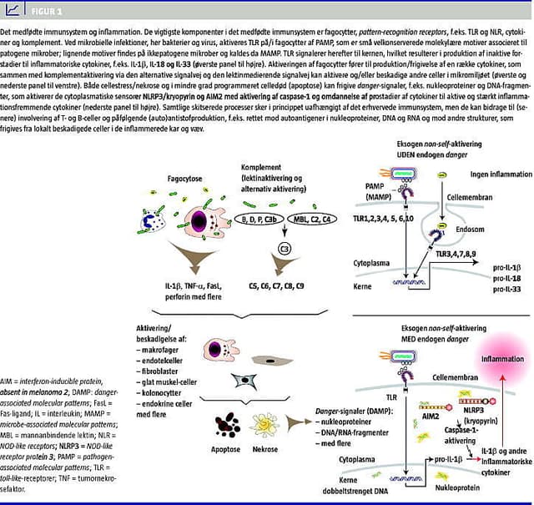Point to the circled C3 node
284,247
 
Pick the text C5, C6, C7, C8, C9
276,286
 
